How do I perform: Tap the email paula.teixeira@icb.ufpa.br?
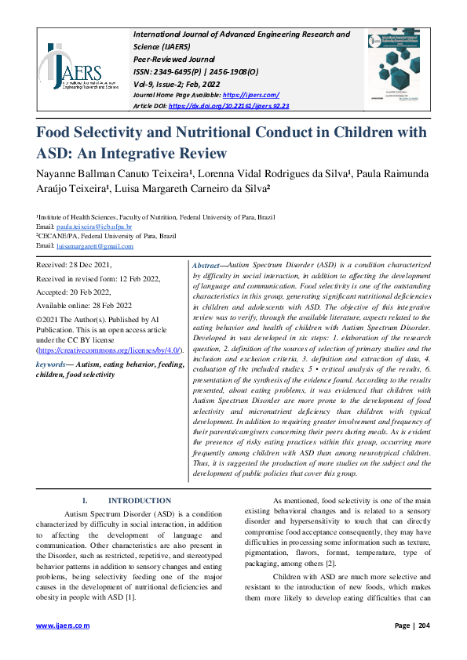[x=99, y=224]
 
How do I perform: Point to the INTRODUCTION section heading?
[x=139, y=500]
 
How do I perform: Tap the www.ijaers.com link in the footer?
[x=64, y=625]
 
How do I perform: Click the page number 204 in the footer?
[x=423, y=625]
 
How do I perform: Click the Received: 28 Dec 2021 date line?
[x=72, y=267]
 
